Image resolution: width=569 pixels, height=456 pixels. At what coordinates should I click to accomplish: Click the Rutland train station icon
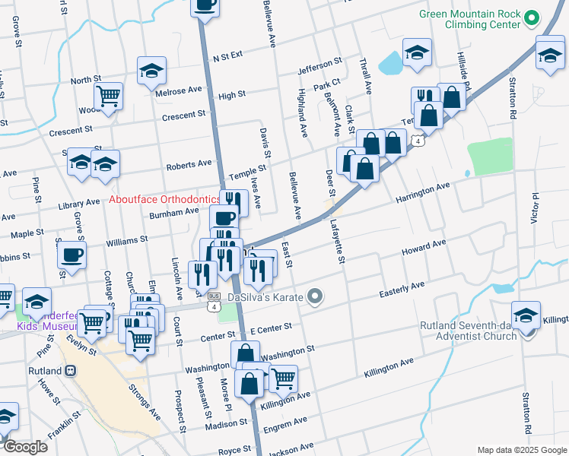tap(71, 371)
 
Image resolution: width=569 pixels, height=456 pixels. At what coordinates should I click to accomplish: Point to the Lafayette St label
tap(339, 242)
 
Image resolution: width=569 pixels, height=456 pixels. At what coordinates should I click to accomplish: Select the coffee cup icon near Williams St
tap(72, 254)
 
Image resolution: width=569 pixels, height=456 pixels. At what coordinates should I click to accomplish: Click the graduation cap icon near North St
tap(152, 71)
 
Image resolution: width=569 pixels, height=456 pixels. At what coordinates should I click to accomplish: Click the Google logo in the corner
tap(25, 447)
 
